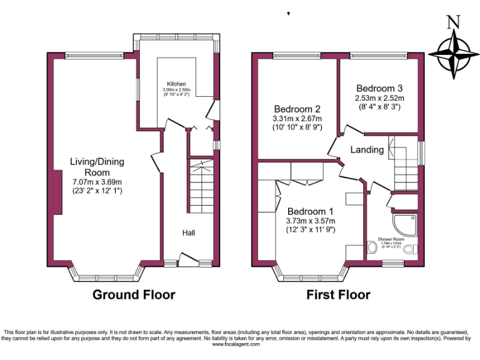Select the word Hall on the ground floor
point(189,232)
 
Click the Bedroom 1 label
point(311,211)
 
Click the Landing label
point(367,150)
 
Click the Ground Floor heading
point(134,294)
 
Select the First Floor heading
point(338,294)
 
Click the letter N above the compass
point(454,22)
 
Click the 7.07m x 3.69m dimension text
point(97,182)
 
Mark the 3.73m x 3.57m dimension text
point(311,221)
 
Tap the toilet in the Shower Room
point(409,250)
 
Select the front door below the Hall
point(187,259)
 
